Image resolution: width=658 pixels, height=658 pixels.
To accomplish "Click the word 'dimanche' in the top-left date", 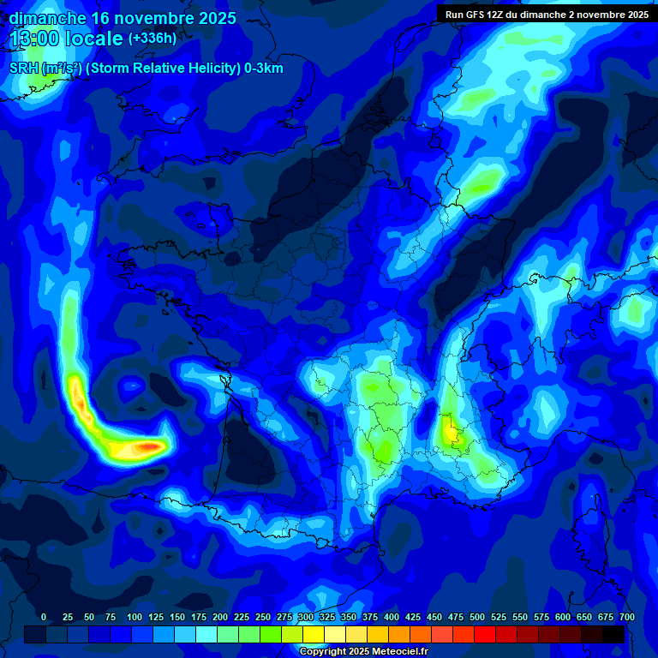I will tap(47, 18).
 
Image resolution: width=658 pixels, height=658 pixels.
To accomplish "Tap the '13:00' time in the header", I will tap(35, 39).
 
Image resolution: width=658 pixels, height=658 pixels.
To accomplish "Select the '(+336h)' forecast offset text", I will tap(153, 39).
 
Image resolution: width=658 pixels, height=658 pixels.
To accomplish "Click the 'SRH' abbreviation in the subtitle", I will tap(23, 69).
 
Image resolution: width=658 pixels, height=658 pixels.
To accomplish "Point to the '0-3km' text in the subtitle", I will tap(263, 69).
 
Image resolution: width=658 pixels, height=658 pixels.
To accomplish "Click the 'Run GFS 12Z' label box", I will tap(547, 15).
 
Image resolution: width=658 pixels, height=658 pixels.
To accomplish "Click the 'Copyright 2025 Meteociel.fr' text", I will tap(363, 652).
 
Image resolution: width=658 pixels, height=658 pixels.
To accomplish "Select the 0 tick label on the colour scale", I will tap(44, 617).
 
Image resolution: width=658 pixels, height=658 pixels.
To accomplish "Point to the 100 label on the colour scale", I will tap(134, 617).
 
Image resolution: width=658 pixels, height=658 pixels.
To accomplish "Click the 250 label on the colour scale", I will tap(262, 617).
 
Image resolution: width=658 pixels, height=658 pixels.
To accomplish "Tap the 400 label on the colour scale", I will tap(391, 617).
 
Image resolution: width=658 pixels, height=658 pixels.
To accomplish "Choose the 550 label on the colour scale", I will tap(519, 617).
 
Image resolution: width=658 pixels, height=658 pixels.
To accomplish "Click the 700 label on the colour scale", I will tap(626, 617).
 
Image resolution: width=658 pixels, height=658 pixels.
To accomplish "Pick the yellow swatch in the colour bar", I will tap(314, 635).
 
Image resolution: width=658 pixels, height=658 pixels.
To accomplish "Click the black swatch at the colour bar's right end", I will tap(613, 635).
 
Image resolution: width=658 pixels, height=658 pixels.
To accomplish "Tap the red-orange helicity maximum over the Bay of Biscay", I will tap(150, 446).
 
